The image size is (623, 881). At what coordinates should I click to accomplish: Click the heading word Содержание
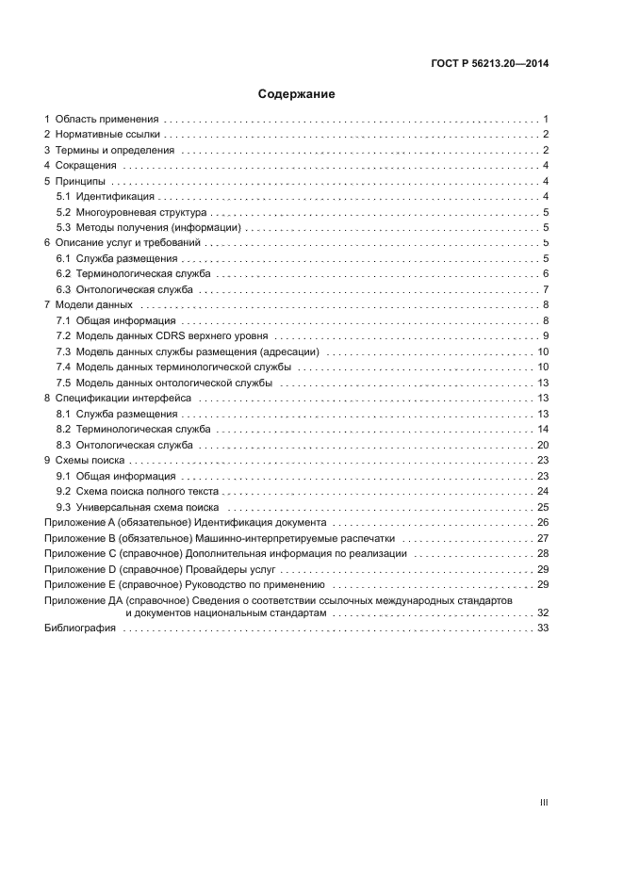tap(297, 94)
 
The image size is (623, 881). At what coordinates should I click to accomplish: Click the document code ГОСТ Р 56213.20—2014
tap(486, 64)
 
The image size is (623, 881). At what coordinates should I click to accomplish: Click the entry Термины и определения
tap(114, 151)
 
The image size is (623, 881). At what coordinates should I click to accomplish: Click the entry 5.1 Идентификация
tap(115, 196)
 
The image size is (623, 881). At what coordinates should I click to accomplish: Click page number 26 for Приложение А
tap(543, 522)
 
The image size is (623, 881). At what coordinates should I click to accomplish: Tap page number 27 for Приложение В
tap(543, 538)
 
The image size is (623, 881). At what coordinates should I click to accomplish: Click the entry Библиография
tap(80, 628)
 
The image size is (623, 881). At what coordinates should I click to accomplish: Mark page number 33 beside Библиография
tap(543, 628)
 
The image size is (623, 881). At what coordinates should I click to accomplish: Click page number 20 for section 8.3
tap(543, 445)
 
